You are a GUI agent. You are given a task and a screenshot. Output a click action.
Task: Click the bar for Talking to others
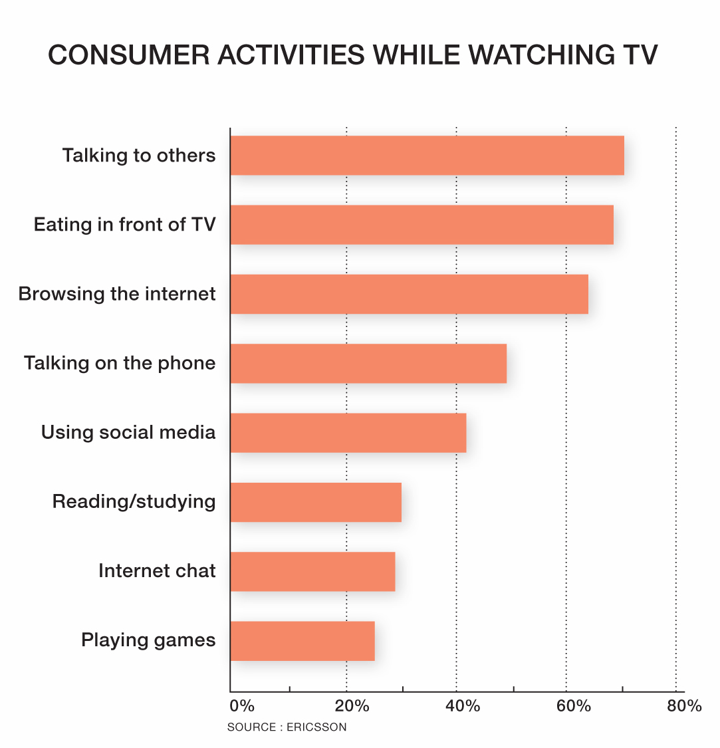[427, 156]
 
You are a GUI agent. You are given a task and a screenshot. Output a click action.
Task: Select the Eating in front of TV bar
[421, 225]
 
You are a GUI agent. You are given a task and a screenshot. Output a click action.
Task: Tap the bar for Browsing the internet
[409, 294]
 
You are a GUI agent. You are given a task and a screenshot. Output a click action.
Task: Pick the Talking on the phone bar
[368, 363]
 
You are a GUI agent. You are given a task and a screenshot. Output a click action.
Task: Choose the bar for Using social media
[348, 432]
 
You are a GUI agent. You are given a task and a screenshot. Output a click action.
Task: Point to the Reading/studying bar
[316, 502]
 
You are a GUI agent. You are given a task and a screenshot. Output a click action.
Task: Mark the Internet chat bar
[312, 571]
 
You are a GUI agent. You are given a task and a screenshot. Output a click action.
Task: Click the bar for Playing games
[302, 640]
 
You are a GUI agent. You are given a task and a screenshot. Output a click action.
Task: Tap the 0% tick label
[242, 706]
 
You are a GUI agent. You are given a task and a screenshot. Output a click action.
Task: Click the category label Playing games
[148, 640]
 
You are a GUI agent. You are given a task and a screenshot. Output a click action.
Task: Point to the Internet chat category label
[157, 571]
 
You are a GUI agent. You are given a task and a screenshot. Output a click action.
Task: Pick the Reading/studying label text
[134, 502]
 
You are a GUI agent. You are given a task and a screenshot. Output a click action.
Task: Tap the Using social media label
[128, 432]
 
